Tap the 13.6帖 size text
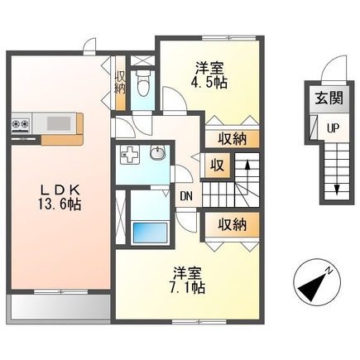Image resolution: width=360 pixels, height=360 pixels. click(57, 203)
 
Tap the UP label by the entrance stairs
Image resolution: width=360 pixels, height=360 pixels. click(330, 127)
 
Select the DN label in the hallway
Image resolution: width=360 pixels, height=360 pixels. click(188, 196)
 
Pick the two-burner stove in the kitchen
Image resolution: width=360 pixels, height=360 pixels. click(20, 125)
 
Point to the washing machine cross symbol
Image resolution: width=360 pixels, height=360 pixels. click(129, 154)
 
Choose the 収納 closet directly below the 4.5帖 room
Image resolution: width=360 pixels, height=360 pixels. click(231, 139)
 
